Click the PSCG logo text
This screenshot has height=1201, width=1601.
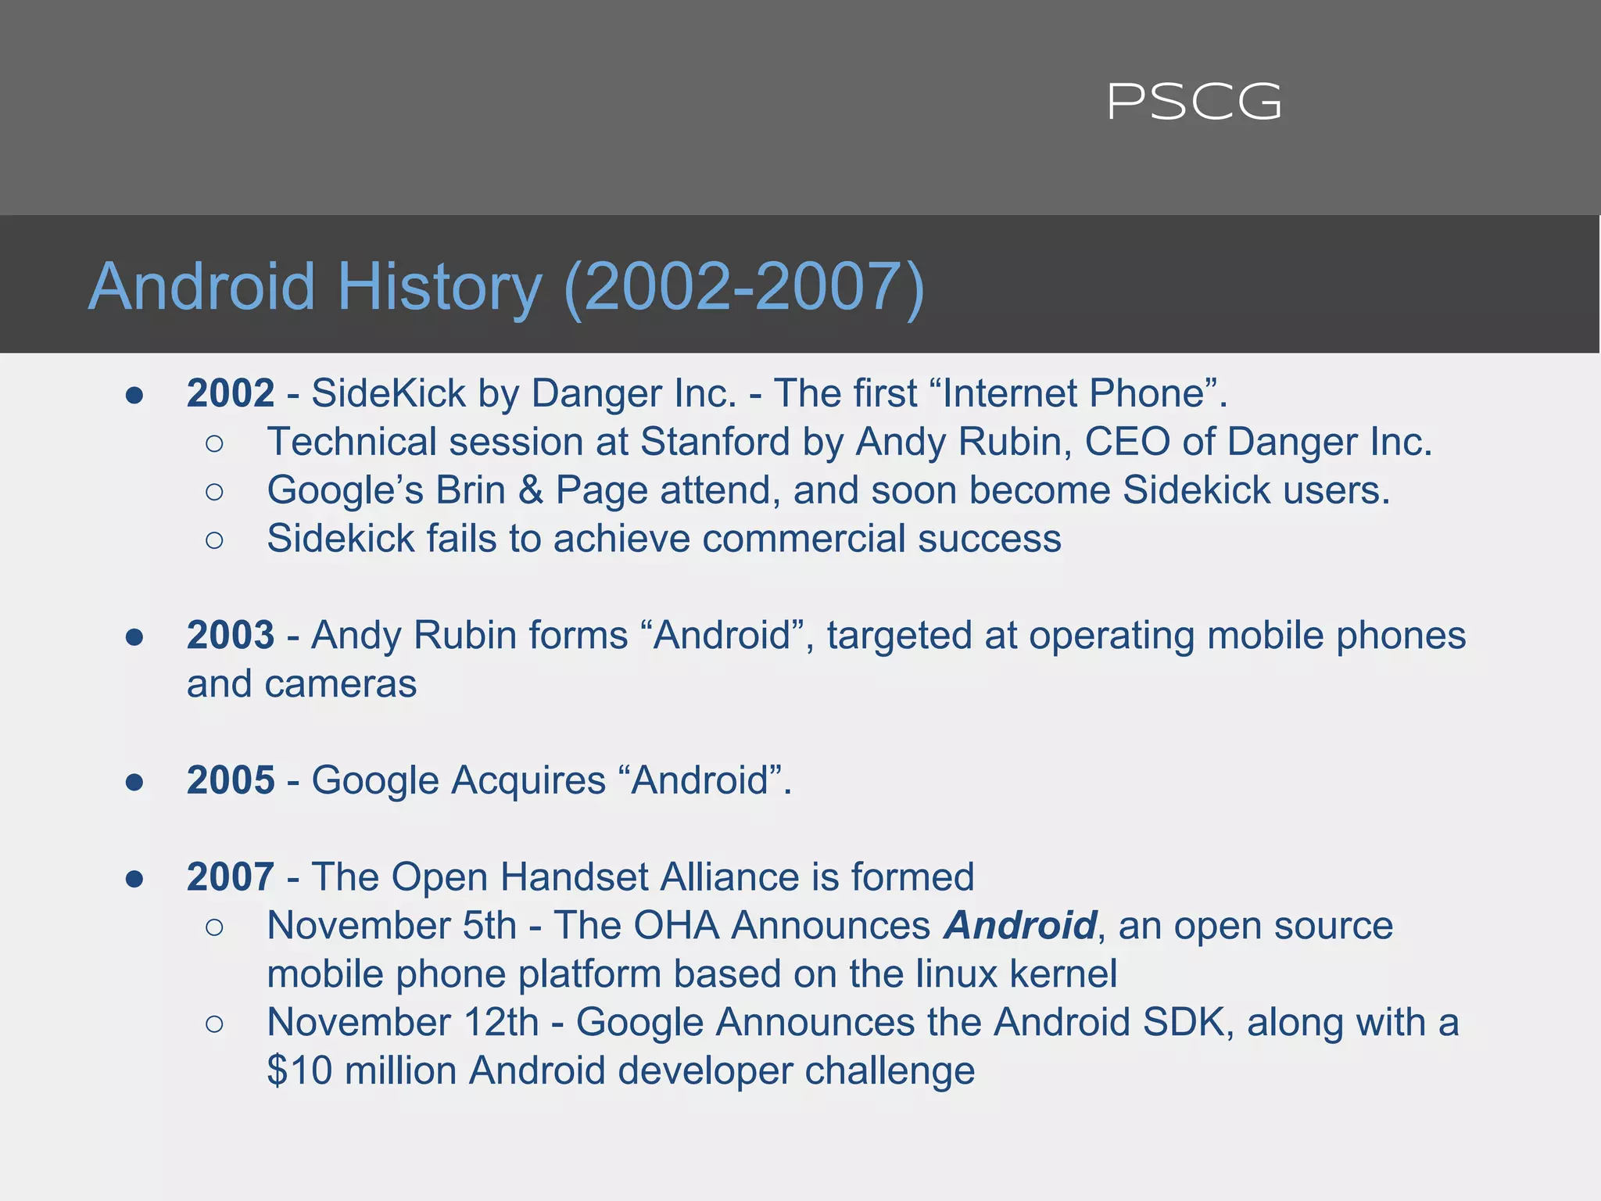[1194, 102]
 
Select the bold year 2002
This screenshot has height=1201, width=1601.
[231, 393]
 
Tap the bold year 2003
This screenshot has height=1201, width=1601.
[231, 635]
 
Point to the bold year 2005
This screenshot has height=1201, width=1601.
[231, 780]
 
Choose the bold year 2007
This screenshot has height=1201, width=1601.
[231, 877]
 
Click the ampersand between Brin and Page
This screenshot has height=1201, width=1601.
[531, 491]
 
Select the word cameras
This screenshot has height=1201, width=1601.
[341, 685]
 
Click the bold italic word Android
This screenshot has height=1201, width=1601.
[1020, 926]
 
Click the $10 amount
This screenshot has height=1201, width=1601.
[299, 1070]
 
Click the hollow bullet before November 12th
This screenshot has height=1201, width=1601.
[214, 1024]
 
